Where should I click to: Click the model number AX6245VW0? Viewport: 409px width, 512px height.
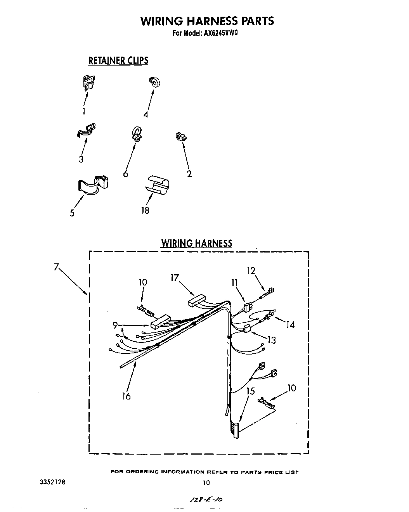[220, 33]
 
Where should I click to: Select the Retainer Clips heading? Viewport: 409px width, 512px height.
[118, 61]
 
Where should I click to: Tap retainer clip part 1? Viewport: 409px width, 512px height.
[89, 82]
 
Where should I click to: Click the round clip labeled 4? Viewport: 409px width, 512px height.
[155, 82]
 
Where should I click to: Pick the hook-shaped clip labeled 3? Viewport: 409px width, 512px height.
[86, 131]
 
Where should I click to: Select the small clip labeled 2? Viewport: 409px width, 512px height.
[180, 137]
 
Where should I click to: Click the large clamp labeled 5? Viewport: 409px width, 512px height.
[93, 184]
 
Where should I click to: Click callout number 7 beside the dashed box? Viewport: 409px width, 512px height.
[57, 267]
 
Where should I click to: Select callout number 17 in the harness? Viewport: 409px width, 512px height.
[174, 278]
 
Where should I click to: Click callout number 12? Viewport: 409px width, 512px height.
[251, 270]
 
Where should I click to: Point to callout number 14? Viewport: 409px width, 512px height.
[290, 324]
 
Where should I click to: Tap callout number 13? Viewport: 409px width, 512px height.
[272, 340]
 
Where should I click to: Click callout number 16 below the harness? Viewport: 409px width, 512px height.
[126, 396]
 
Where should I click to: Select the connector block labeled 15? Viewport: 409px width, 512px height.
[236, 430]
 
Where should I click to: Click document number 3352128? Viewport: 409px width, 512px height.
[52, 483]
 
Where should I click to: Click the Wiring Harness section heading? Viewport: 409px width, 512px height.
[197, 244]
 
